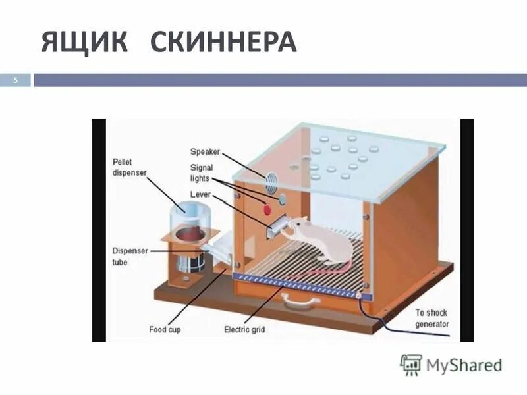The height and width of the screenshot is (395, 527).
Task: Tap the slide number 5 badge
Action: tap(17, 80)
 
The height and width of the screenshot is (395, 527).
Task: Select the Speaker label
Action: tap(205, 151)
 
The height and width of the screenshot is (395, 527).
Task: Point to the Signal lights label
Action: tap(202, 173)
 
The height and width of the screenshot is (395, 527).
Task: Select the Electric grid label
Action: tap(244, 329)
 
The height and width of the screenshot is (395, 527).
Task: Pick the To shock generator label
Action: tap(432, 319)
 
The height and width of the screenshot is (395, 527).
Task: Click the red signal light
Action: tap(267, 210)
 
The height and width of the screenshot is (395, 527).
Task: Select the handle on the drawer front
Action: tap(300, 302)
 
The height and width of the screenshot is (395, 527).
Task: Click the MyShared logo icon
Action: tap(411, 364)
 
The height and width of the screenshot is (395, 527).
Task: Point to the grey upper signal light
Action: tap(282, 197)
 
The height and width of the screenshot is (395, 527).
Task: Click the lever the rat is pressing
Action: tap(277, 228)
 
